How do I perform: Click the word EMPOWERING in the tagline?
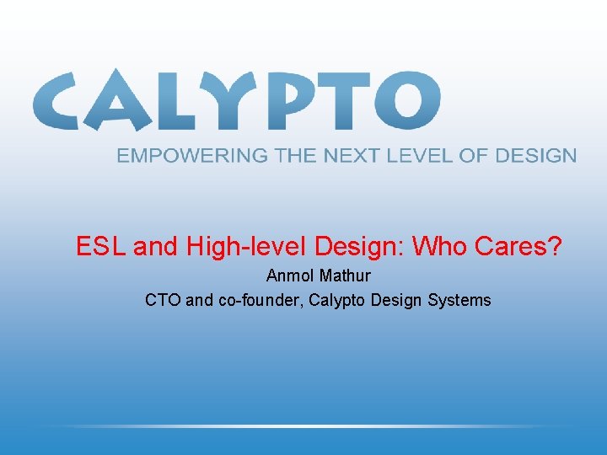[191, 156]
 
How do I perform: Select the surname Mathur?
[346, 276]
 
